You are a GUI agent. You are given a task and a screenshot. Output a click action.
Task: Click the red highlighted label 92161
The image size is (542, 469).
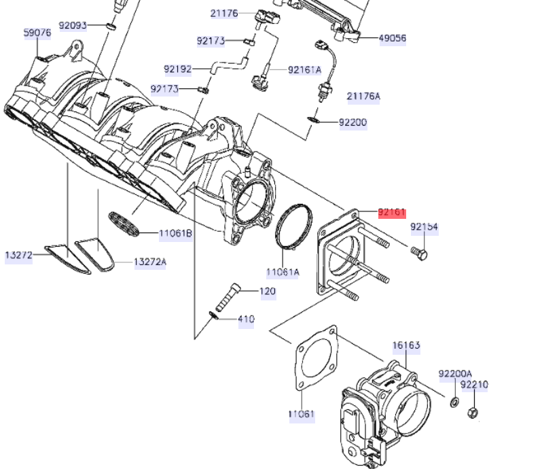coord(391,213)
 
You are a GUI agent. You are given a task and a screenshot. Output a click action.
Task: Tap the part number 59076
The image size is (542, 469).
coord(37,33)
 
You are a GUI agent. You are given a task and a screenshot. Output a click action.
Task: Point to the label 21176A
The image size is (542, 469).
coord(363,97)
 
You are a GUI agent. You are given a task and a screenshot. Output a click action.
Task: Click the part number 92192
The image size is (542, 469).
coord(178,69)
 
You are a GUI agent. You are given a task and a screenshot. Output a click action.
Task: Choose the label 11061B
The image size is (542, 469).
coord(176,234)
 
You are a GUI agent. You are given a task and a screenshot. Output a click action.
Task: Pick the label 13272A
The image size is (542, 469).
coord(149,262)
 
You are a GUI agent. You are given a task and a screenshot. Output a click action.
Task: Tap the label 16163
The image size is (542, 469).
coord(405,346)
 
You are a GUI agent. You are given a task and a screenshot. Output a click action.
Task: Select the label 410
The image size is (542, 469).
coord(245,319)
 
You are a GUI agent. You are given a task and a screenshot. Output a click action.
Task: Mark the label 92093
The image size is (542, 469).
coord(73,26)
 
